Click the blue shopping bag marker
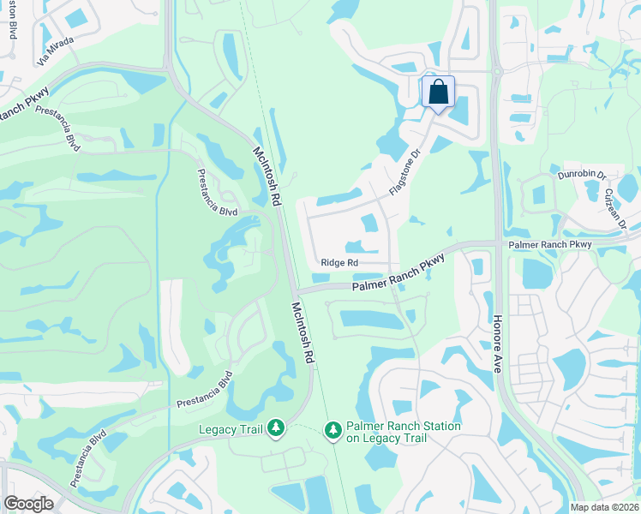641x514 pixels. (x=438, y=92)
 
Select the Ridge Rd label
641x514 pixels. (x=338, y=263)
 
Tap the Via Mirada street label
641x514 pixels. (x=56, y=52)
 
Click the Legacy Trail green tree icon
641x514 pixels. (x=276, y=427)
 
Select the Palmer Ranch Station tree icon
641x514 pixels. (x=333, y=430)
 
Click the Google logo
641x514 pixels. (x=28, y=503)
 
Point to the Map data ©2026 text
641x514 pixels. (x=605, y=507)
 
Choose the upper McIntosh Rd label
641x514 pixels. (x=267, y=175)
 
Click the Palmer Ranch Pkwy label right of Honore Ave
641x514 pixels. (x=549, y=245)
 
